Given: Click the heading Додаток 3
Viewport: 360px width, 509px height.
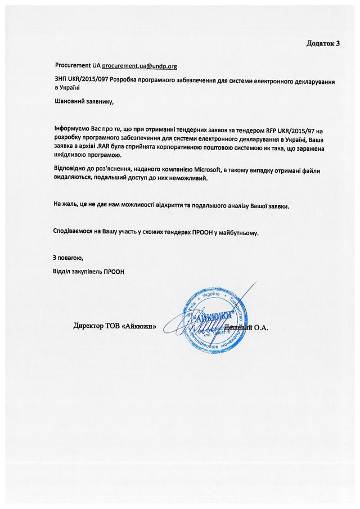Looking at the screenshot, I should [x=323, y=43].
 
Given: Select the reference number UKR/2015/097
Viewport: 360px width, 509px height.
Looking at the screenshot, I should [x=89, y=80].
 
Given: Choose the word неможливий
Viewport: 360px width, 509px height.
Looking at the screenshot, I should [x=190, y=178].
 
